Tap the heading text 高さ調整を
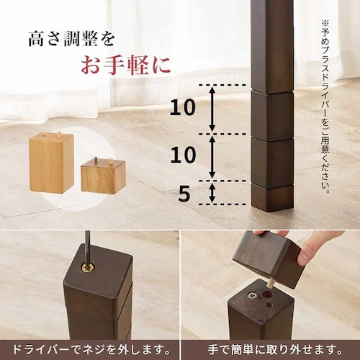tap(71, 37)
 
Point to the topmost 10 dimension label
tap(182, 108)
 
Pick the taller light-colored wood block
tap(51, 163)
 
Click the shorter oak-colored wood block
tap(102, 176)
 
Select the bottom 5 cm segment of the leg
tap(271, 193)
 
